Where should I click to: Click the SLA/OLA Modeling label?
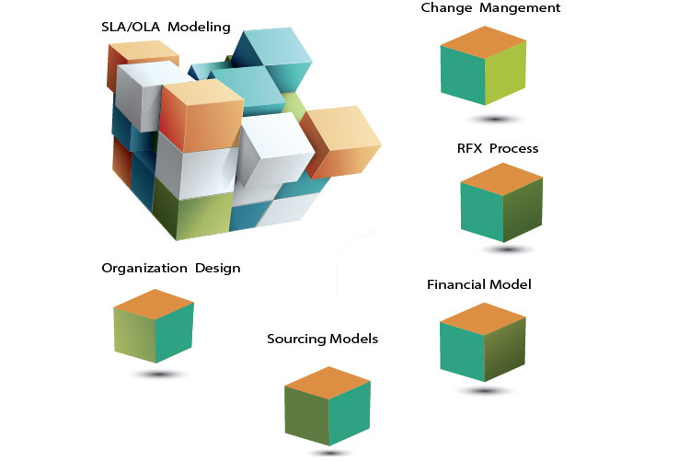[166, 27]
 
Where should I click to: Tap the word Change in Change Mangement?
[445, 8]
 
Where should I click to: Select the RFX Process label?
[498, 148]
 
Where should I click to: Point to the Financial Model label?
[478, 284]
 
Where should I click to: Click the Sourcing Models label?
[322, 339]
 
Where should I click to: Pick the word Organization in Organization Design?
[144, 269]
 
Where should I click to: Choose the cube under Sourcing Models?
[327, 406]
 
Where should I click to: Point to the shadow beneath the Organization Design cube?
[158, 374]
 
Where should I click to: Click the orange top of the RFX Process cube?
[501, 178]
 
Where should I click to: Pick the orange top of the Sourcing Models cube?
[327, 380]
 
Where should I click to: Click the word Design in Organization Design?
[217, 269]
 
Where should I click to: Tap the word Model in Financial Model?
[512, 284]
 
